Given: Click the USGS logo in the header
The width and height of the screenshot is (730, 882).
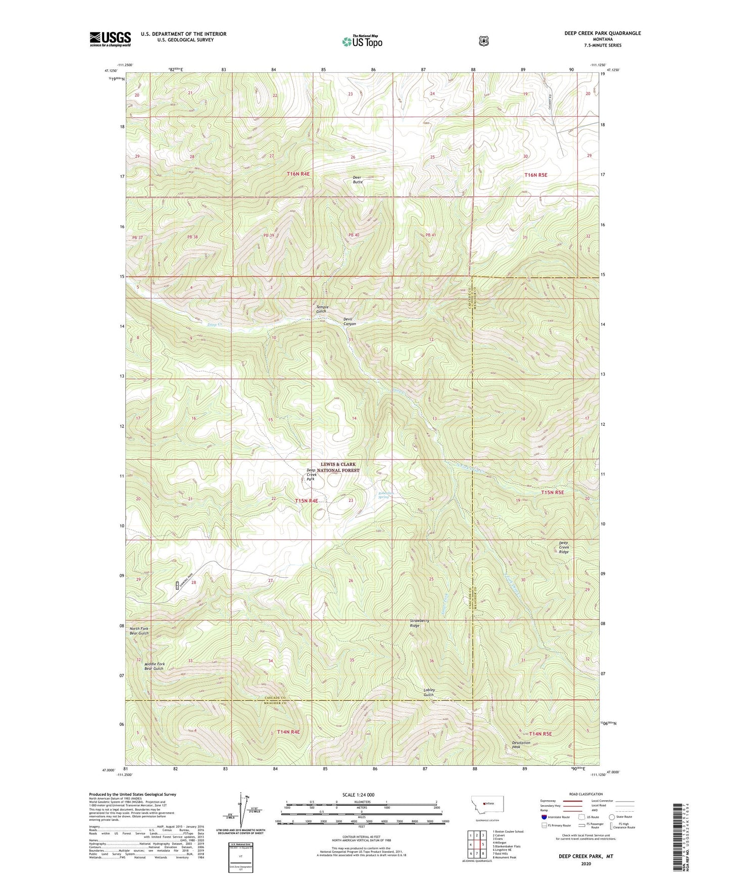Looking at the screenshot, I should tap(110, 39).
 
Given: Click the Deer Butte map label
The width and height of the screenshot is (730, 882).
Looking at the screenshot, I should tap(357, 179).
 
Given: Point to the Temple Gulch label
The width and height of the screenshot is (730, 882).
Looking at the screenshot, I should tap(322, 309).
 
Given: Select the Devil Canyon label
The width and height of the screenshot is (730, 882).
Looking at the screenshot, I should tap(350, 321).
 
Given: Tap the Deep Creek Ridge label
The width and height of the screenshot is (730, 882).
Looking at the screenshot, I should tap(564, 547).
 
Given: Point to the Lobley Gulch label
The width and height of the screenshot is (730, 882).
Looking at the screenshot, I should tap(429, 692).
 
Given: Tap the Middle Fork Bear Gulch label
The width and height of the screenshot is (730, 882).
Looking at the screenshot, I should tap(155, 666).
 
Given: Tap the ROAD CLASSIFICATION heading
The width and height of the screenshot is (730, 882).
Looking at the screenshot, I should tap(586, 794).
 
